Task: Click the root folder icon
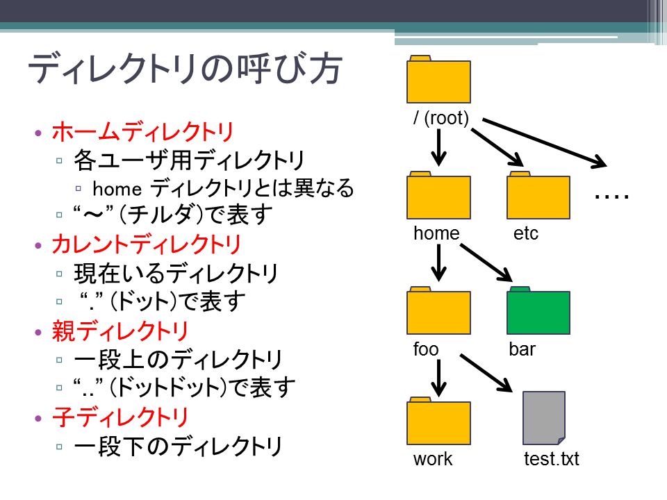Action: [438, 79]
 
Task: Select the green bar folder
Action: [538, 310]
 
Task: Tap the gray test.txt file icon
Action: [543, 418]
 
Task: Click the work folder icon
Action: [438, 421]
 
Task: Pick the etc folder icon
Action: [538, 195]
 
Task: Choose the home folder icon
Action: [438, 195]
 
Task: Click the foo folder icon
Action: [438, 310]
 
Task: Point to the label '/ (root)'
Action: [440, 118]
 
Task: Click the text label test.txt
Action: [551, 459]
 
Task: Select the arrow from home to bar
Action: [486, 262]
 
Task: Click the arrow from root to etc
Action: [497, 147]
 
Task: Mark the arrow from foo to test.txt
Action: [486, 372]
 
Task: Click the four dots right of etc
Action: [611, 197]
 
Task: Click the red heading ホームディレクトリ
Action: [143, 131]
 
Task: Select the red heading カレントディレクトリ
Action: [147, 244]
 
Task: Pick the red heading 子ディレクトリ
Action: [120, 417]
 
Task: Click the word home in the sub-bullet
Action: [117, 189]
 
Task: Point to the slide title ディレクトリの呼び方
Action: [186, 68]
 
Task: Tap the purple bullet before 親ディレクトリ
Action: [38, 332]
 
